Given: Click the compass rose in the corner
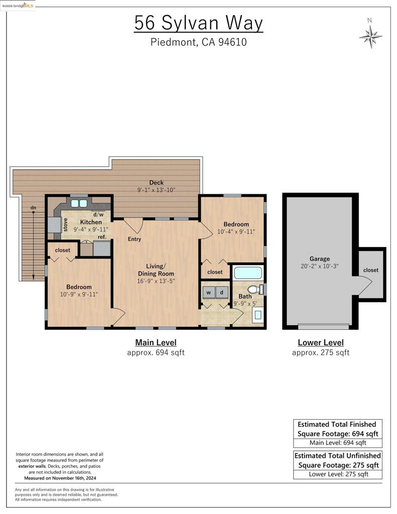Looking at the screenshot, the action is point(370,36).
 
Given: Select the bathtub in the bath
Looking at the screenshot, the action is point(248,273).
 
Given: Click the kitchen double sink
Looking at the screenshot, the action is point(79,203).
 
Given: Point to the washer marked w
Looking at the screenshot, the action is point(208,293).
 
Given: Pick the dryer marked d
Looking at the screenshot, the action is point(222,293).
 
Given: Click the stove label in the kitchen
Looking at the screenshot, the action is point(65,225).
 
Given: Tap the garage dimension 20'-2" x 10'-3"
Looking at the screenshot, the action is point(319,266).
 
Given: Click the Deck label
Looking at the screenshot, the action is point(157,183).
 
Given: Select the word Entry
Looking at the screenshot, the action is point(135,239).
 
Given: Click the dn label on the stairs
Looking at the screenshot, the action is point(33,207).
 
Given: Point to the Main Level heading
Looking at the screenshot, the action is point(156,342).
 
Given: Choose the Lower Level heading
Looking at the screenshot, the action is point(321,342).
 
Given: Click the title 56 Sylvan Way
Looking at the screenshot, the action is point(199,23).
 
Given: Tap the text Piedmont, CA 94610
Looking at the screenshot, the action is point(199,42).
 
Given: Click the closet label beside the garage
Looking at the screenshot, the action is point(371,270).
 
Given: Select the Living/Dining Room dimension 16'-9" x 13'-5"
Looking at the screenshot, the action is point(156,281).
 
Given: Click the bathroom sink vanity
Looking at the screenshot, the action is point(258,315).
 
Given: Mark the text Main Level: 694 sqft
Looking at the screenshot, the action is point(338,443).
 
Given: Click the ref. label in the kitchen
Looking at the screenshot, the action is point(102,237).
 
